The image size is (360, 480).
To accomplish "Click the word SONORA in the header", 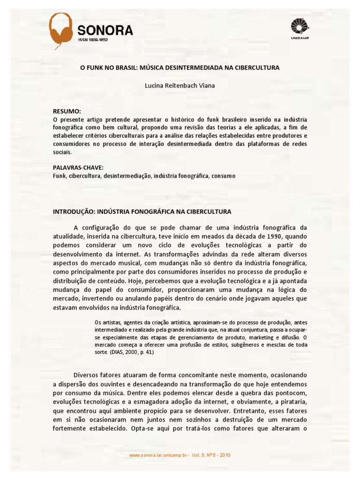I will pyautogui.click(x=105, y=31).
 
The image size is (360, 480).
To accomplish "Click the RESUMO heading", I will pyautogui.click(x=67, y=112).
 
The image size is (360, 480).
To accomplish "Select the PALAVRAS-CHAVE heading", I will pyautogui.click(x=78, y=167).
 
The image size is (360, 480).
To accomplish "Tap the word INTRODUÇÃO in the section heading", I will pyautogui.click(x=75, y=212).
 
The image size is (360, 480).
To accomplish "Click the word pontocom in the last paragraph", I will pyautogui.click(x=293, y=393).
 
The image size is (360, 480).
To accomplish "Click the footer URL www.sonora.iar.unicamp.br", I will pyautogui.click(x=157, y=455).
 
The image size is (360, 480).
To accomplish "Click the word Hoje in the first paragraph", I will pyautogui.click(x=149, y=281).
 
